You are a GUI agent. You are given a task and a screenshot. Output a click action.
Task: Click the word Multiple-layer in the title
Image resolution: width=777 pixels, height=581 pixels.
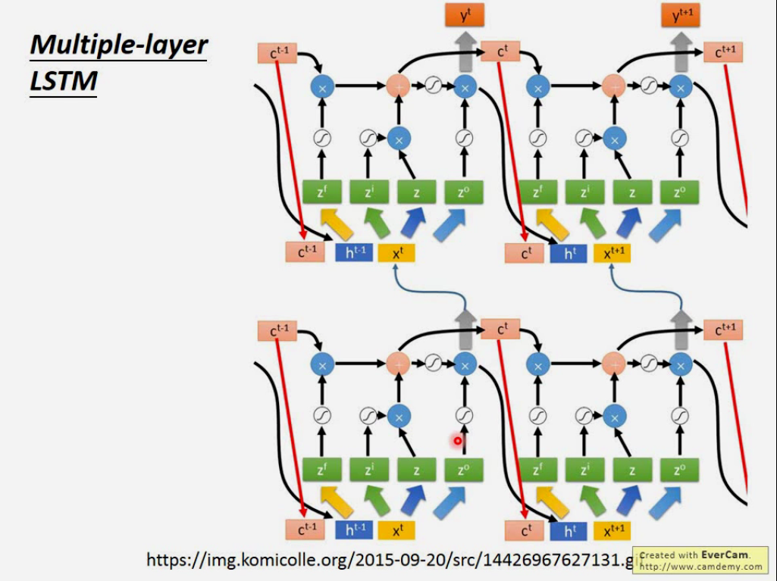[x=118, y=45]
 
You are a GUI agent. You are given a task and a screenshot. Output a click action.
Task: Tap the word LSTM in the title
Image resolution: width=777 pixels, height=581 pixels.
[x=64, y=80]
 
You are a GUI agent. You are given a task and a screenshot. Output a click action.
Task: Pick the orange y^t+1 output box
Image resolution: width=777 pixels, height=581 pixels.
[x=681, y=14]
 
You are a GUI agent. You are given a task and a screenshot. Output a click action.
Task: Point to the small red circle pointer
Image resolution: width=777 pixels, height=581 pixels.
[x=458, y=440]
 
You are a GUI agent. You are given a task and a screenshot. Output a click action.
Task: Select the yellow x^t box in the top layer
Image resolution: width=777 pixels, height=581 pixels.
[x=396, y=252]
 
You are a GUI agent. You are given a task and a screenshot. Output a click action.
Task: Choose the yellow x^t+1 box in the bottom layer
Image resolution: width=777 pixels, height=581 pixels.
[x=613, y=530]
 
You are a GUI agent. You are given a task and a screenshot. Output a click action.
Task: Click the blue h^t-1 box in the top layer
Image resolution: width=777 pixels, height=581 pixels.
[x=354, y=252]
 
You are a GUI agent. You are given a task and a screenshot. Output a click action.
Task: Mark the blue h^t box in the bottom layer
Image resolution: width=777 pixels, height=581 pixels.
[x=569, y=530]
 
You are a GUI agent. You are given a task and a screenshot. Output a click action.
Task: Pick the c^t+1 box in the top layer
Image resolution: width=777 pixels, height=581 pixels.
[x=723, y=52]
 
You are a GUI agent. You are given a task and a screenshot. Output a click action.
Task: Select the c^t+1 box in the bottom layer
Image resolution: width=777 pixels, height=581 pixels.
[x=723, y=330]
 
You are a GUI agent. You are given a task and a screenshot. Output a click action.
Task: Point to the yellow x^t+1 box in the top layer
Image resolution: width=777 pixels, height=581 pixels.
[x=613, y=252]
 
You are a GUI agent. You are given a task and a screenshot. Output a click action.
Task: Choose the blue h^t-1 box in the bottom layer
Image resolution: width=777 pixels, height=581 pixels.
[x=354, y=530]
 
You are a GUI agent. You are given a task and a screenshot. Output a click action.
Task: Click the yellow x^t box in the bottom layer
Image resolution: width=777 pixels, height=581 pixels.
[x=396, y=530]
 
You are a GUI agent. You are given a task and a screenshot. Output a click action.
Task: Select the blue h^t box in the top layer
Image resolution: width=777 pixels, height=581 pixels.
[x=569, y=252]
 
